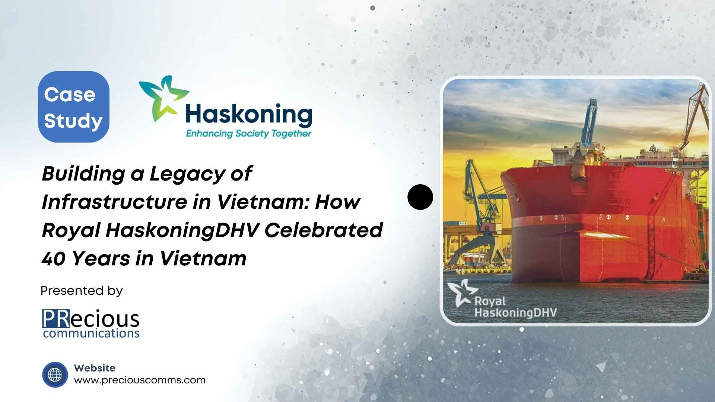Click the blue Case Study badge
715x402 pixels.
pos(73,107)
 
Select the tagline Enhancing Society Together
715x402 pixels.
pos(248,134)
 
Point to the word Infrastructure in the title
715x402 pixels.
pos(114,202)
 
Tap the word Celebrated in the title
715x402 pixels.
pos(323,230)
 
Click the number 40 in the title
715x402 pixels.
pos(54,259)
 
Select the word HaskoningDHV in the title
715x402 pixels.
pos(182,230)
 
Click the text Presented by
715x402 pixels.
pos(82,291)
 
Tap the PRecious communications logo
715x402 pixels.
pos(91,323)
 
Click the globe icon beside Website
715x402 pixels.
pos(55,374)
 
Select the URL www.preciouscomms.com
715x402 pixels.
pos(140,380)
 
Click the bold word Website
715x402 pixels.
pos(95,368)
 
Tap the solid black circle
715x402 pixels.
pos(420,197)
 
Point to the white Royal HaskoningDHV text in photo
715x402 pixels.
pos(515,307)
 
